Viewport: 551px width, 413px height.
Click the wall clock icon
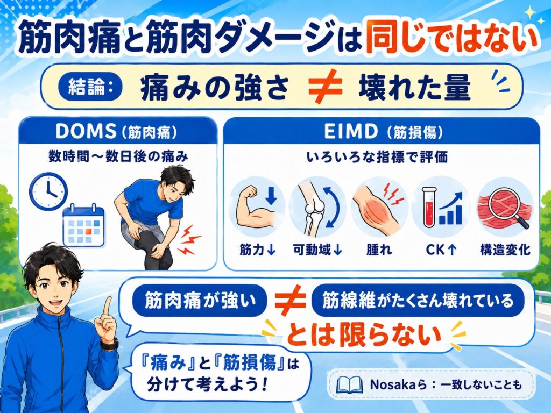click(48, 192)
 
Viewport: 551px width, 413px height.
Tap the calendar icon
click(83, 225)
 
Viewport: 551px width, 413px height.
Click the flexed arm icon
click(256, 206)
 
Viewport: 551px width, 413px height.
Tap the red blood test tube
click(429, 207)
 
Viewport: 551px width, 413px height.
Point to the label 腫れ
click(379, 250)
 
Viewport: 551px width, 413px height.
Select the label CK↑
click(441, 250)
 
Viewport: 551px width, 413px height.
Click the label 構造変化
click(505, 250)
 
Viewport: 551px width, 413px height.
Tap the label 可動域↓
click(317, 250)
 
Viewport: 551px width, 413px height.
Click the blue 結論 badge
click(90, 87)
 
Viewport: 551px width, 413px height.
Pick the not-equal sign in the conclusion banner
click(324, 87)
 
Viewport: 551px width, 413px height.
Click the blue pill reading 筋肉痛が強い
click(200, 301)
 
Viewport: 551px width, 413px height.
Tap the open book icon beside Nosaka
click(349, 384)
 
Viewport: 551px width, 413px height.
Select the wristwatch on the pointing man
click(110, 344)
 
